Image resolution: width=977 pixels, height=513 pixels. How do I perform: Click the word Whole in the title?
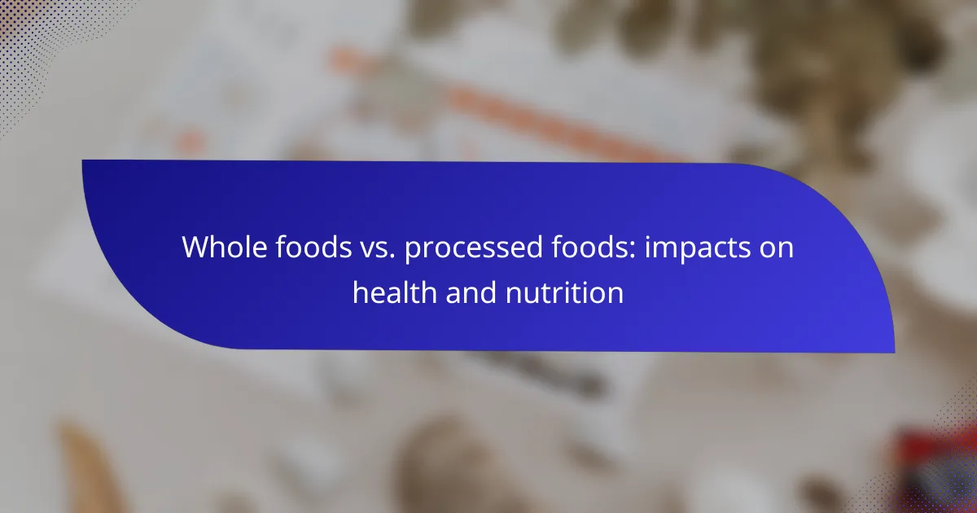pyautogui.click(x=223, y=247)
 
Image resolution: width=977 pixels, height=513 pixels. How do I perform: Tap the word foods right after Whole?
pyautogui.click(x=313, y=247)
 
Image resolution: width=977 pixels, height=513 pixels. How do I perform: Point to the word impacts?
pyautogui.click(x=698, y=248)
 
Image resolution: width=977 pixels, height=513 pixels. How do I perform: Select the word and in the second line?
pyautogui.click(x=471, y=292)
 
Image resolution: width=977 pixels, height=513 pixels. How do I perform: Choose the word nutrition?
pyautogui.click(x=564, y=292)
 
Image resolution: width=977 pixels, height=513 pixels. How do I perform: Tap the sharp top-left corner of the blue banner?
pyautogui.click(x=82, y=160)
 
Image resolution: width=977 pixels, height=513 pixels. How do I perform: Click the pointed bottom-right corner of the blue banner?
pyautogui.click(x=895, y=353)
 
